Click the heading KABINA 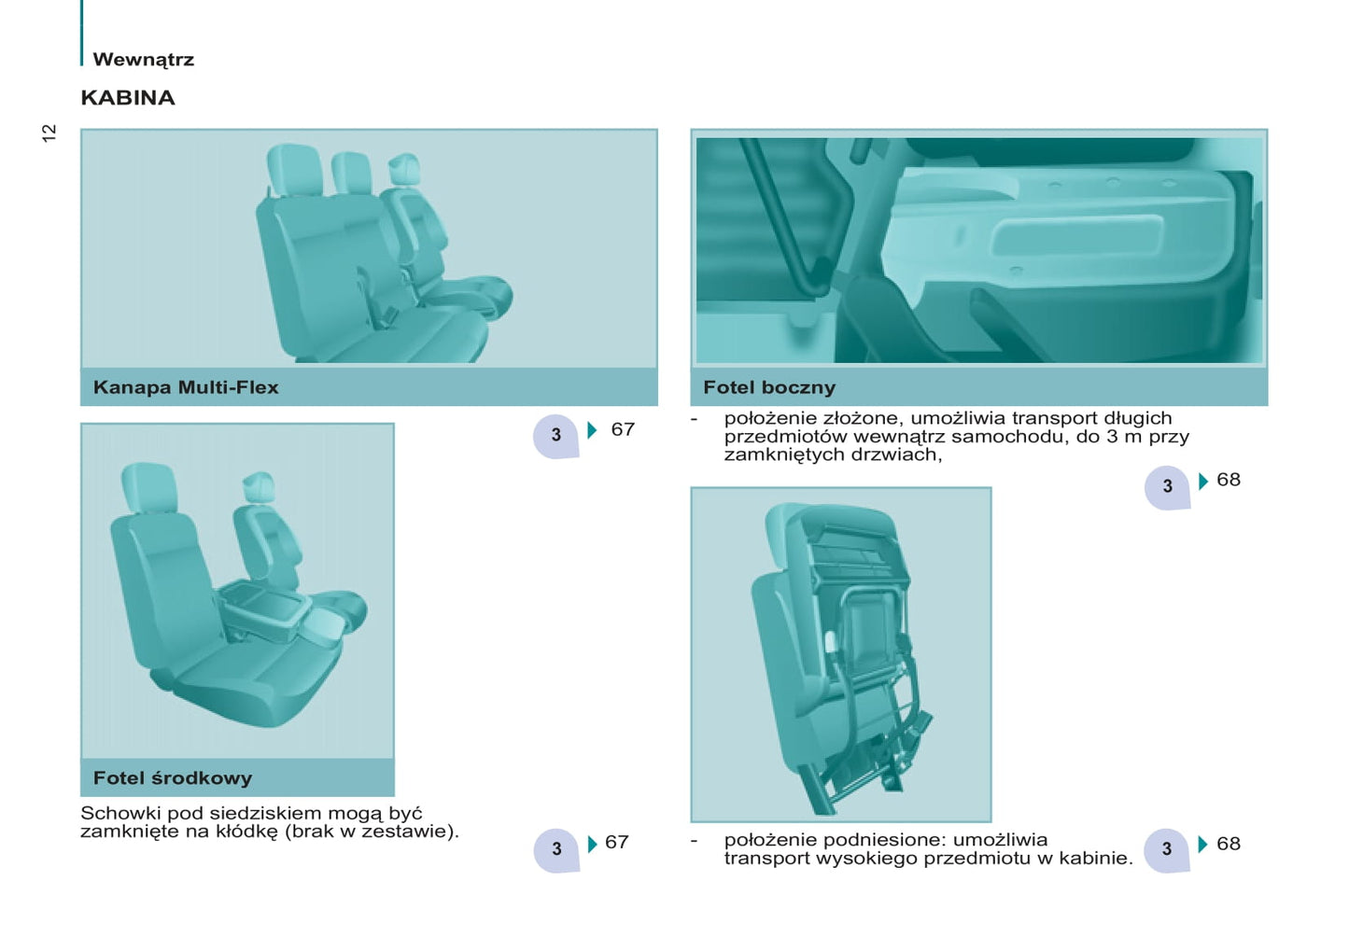[128, 97]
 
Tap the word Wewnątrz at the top [144, 60]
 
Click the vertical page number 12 [49, 133]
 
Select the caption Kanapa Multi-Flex [186, 387]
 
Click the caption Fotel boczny [769, 387]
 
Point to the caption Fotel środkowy [172, 777]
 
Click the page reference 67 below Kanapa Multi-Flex [623, 429]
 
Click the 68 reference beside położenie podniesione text [1229, 844]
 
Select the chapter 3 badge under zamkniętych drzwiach [1167, 486]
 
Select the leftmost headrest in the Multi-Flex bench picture [295, 170]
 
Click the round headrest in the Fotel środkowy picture [259, 487]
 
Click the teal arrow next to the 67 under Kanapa [592, 429]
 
